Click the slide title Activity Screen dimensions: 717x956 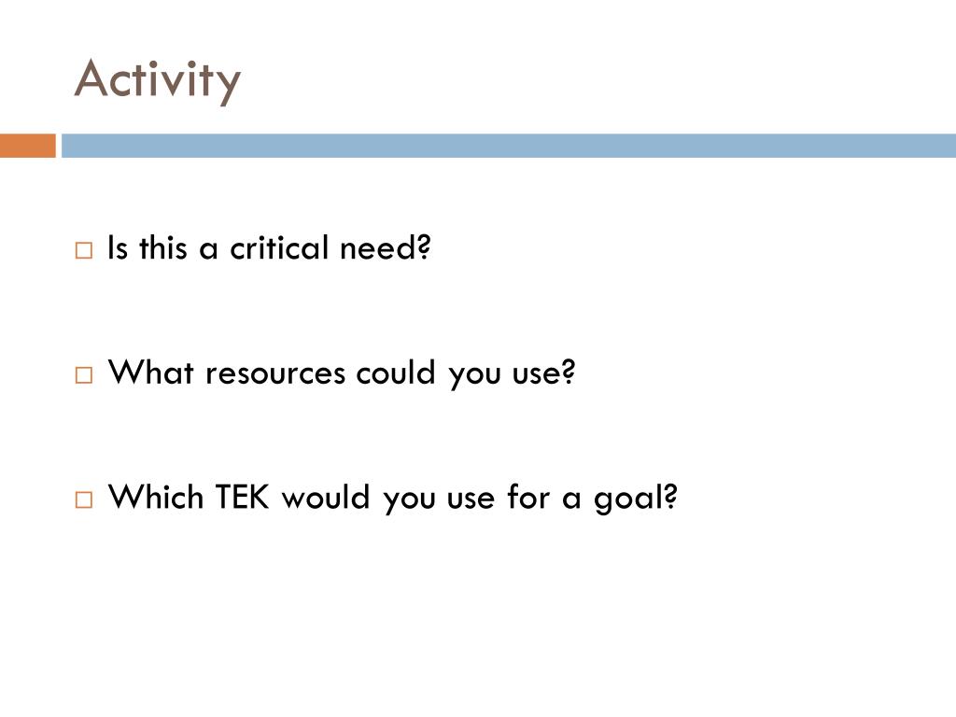(x=157, y=79)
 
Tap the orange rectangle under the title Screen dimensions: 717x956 (x=27, y=146)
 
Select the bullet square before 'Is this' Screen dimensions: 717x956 (x=84, y=251)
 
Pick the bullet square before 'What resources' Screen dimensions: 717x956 (x=84, y=375)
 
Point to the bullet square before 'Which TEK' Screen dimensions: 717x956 (x=84, y=499)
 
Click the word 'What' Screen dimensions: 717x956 (x=152, y=373)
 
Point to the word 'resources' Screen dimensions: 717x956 (x=275, y=374)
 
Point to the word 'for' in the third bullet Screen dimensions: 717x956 (x=528, y=497)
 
